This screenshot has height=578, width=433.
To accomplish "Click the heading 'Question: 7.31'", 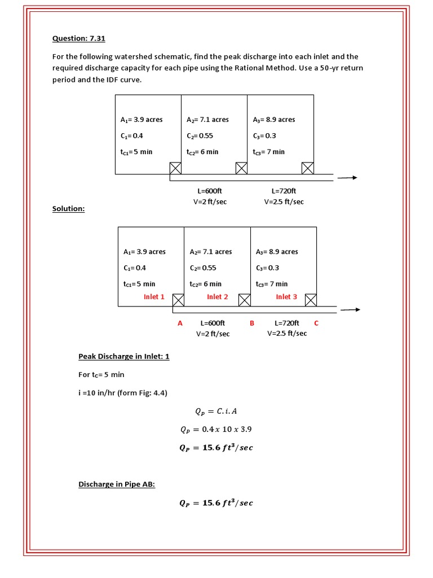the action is (x=79, y=38).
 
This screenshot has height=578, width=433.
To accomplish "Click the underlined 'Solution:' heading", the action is (x=68, y=209).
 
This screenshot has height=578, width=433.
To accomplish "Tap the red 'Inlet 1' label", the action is (x=154, y=297).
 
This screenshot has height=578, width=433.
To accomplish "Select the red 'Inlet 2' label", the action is (x=218, y=297).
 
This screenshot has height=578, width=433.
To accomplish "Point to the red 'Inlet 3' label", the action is (x=286, y=297).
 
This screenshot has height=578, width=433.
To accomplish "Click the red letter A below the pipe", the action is (x=180, y=323).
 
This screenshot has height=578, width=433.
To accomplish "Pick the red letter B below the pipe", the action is (x=252, y=323).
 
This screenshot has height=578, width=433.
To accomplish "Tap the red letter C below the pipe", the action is (x=316, y=323).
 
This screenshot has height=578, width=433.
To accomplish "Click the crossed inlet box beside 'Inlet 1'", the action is (x=178, y=300).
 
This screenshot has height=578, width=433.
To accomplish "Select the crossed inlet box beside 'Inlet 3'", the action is (x=311, y=300).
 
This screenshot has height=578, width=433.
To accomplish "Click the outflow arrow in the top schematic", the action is (x=347, y=177).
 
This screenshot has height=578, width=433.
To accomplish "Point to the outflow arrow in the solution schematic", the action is (x=350, y=309).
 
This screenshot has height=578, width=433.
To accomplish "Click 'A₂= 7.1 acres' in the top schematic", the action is (x=207, y=120).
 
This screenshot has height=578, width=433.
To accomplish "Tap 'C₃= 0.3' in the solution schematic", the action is (x=267, y=268).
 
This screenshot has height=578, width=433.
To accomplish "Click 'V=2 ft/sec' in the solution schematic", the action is (x=213, y=334).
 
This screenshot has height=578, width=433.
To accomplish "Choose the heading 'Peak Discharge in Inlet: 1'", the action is (x=123, y=357).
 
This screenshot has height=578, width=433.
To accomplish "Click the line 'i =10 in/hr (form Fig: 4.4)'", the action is (x=123, y=393).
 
